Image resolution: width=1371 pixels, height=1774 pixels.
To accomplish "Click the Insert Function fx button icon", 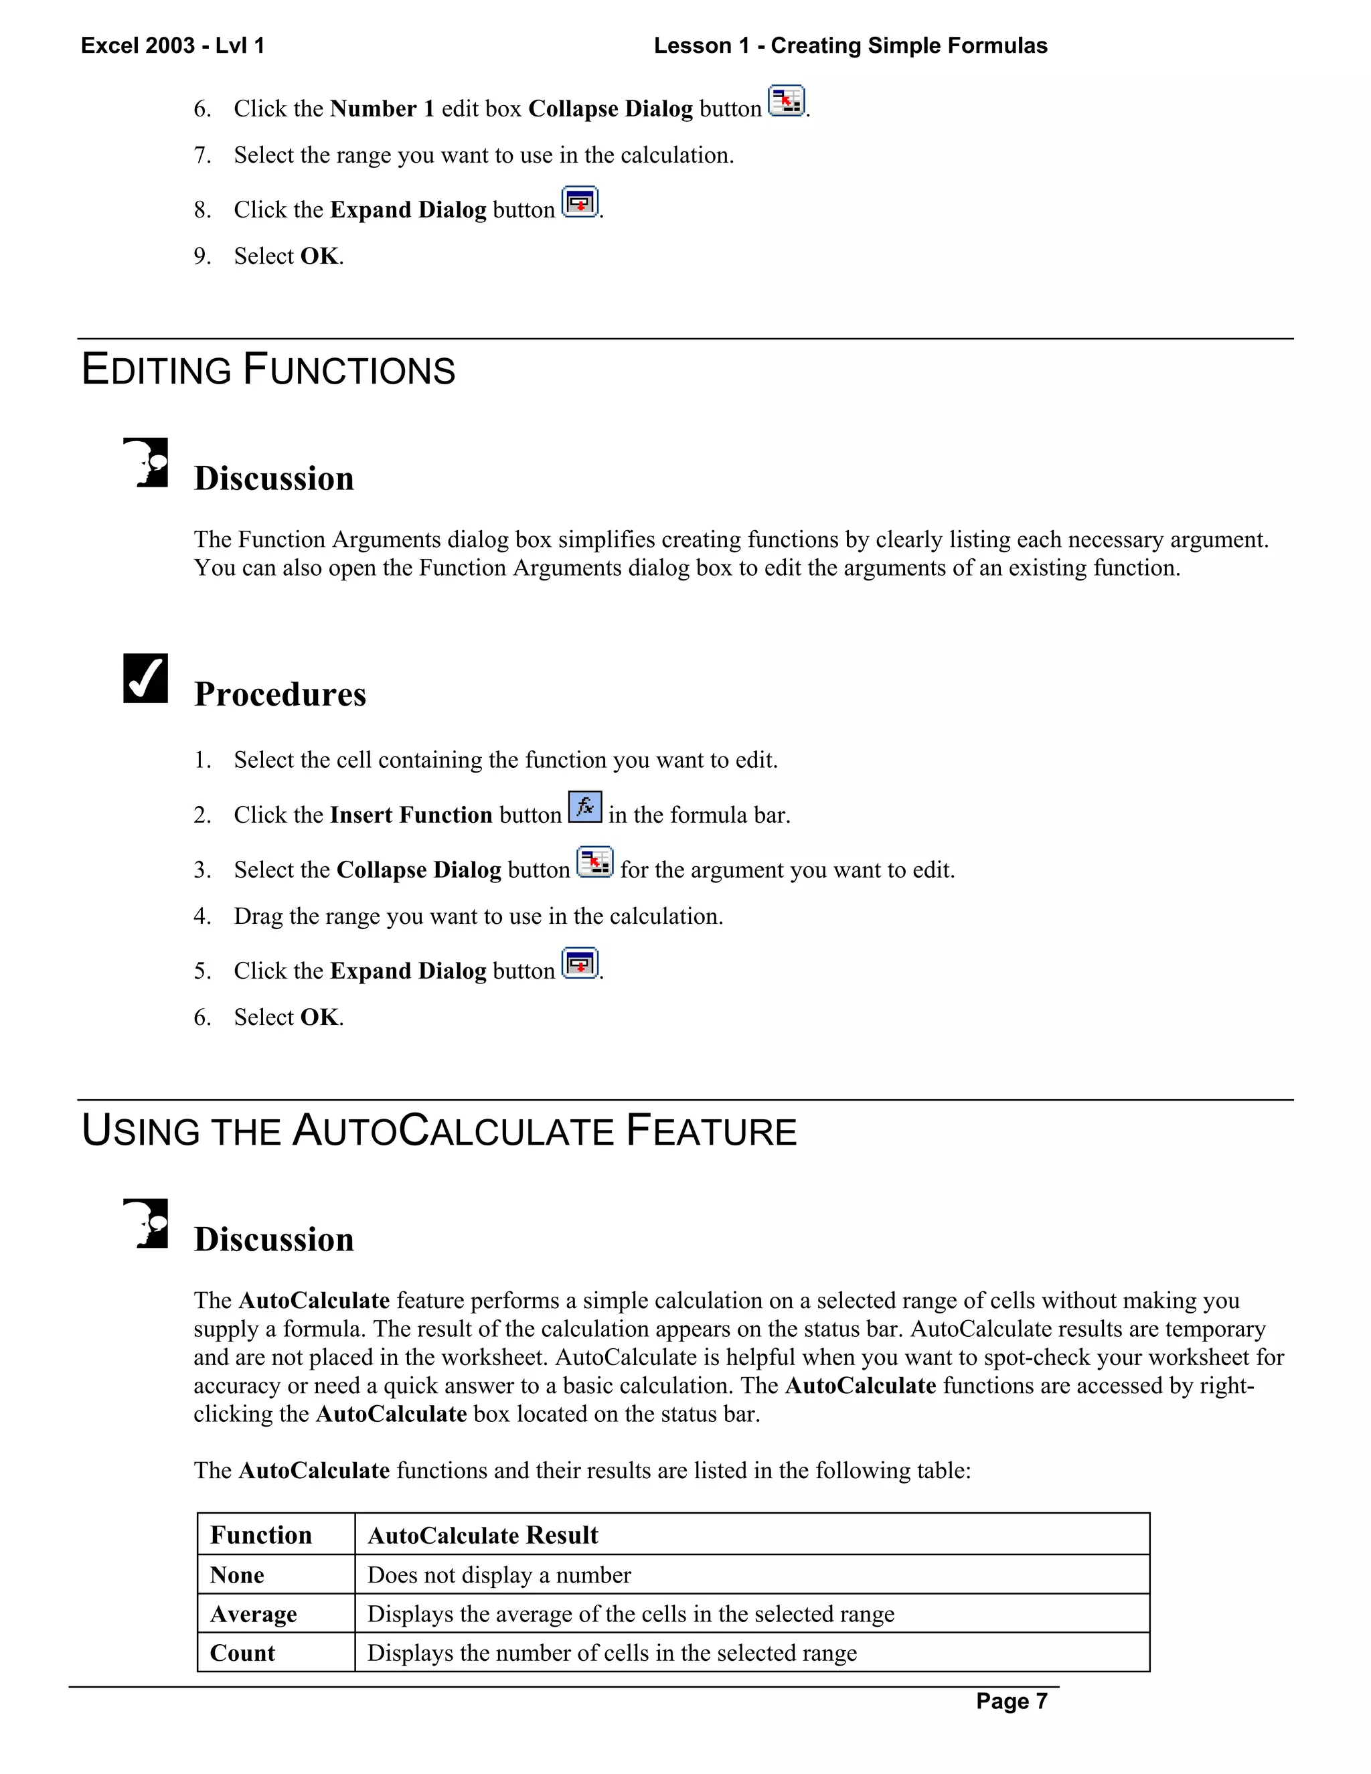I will coord(585,807).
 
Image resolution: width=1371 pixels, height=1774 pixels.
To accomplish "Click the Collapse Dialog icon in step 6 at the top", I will coord(786,102).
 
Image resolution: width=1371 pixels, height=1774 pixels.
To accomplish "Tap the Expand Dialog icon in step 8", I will coord(580,202).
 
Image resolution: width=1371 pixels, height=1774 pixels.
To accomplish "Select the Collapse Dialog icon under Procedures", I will coord(595,862).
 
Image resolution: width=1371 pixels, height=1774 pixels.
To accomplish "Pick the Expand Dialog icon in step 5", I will coord(580,963).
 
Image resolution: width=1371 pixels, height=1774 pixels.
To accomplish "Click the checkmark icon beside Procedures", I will coord(145,677).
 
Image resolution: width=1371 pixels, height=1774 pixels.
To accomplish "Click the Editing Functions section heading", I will coord(268,370).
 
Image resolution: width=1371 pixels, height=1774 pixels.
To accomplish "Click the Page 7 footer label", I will coord(1012,1701).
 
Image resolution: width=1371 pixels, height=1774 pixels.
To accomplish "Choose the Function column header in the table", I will coord(260,1534).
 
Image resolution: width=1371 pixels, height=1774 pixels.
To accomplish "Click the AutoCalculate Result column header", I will coord(483,1535).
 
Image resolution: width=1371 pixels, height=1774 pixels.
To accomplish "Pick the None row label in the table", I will coord(237,1575).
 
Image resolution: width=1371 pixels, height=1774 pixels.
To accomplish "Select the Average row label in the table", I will coord(254,1614).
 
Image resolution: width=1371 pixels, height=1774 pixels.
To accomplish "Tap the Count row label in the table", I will coord(242,1653).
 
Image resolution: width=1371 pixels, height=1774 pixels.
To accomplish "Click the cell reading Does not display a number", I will coord(499,1575).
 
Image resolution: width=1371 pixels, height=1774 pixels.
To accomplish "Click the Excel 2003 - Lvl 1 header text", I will coord(173,46).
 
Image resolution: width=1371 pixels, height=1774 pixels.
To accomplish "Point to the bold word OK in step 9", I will coord(319,256).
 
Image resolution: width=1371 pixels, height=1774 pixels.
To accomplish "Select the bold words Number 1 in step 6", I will coord(382,109).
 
